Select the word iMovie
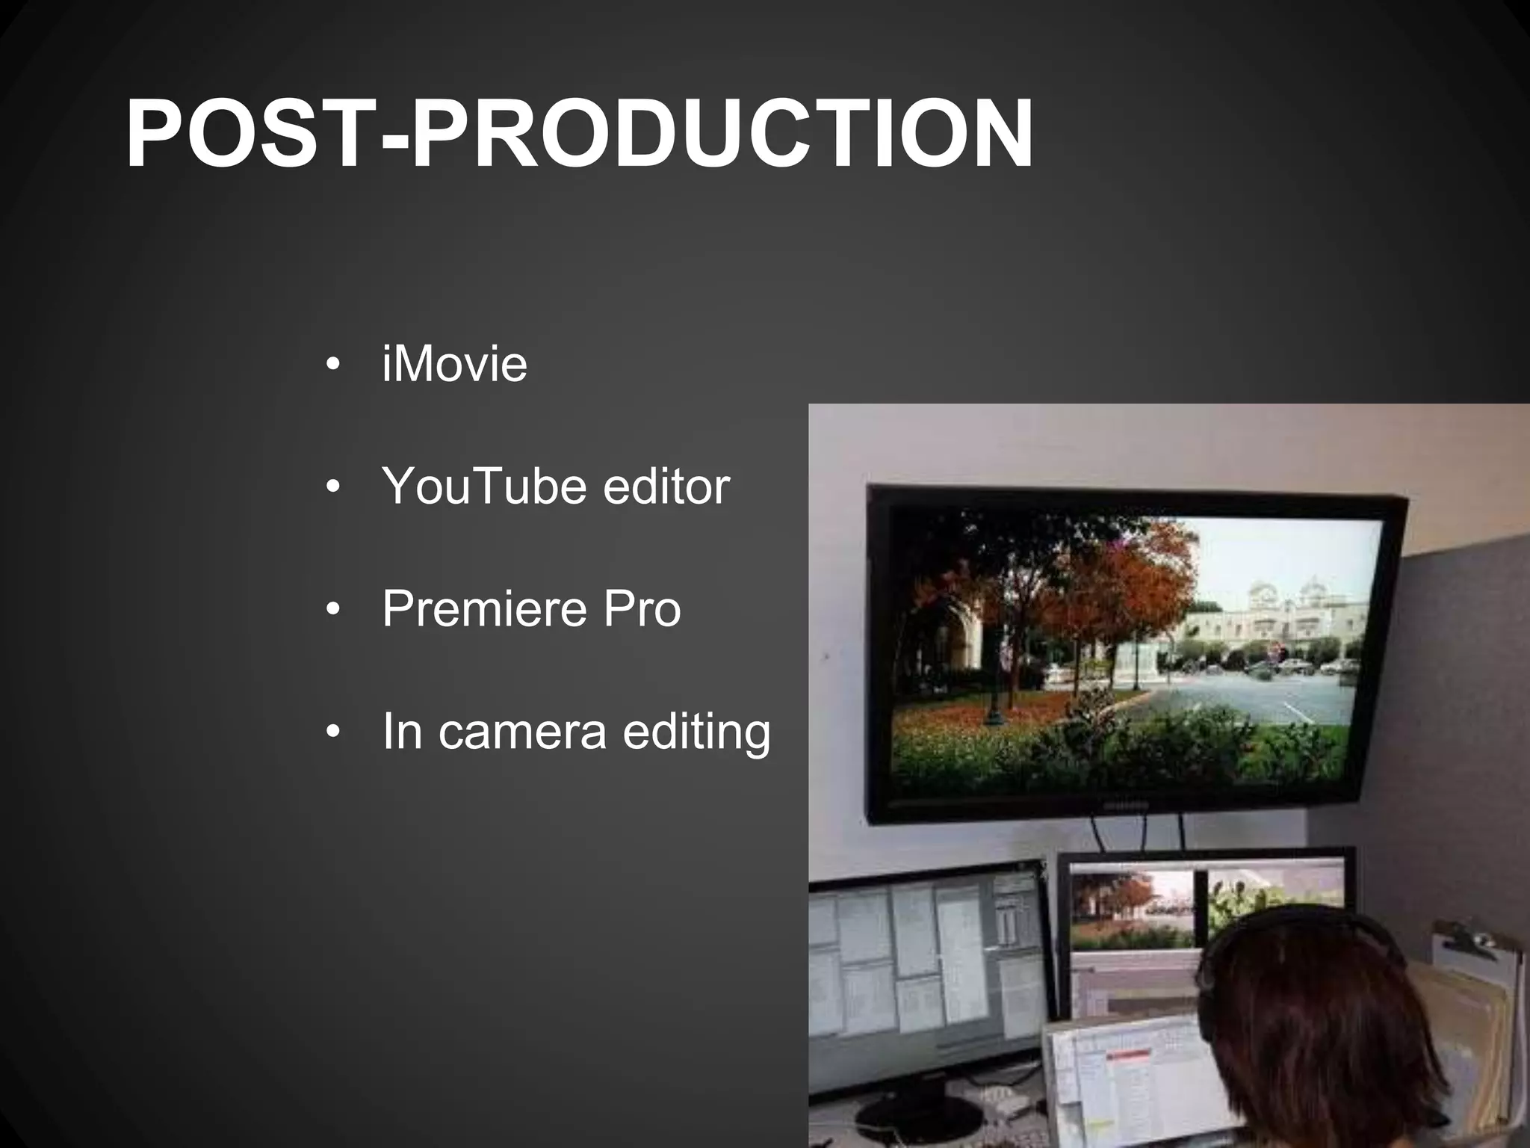pos(454,364)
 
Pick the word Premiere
pos(484,609)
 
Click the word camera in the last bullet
pos(522,732)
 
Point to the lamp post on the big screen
pos(994,688)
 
